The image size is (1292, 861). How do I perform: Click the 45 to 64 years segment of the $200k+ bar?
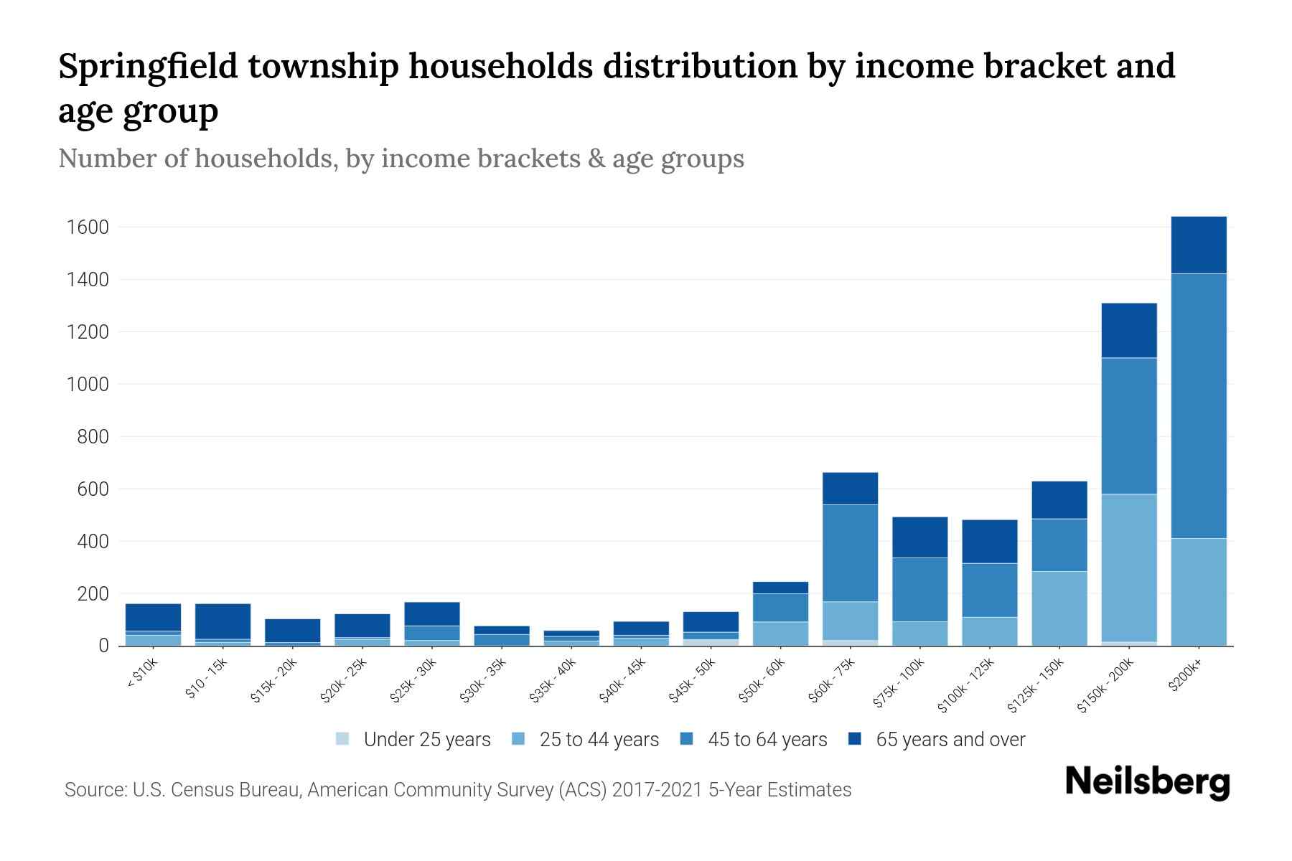[x=1199, y=405]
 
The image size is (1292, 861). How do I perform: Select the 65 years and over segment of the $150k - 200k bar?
[x=1129, y=330]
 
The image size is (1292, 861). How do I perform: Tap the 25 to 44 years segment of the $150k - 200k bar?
[x=1129, y=567]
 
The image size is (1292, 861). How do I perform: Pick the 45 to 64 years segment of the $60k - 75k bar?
[x=850, y=552]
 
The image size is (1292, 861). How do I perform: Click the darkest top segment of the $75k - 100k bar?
[x=919, y=537]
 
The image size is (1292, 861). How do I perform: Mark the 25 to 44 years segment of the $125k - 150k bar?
[x=1059, y=608]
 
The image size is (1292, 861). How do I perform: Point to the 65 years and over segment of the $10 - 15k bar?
[x=223, y=621]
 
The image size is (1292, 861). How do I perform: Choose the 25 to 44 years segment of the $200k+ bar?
[x=1199, y=591]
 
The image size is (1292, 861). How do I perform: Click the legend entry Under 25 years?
[x=426, y=740]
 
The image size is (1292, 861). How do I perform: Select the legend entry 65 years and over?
[x=950, y=740]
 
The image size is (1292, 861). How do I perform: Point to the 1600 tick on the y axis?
[x=88, y=227]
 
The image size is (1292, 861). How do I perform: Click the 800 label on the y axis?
[x=93, y=437]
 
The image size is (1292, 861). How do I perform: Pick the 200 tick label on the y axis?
[x=93, y=594]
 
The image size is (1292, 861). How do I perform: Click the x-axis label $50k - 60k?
[x=764, y=682]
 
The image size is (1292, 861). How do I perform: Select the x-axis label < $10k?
[x=144, y=674]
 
